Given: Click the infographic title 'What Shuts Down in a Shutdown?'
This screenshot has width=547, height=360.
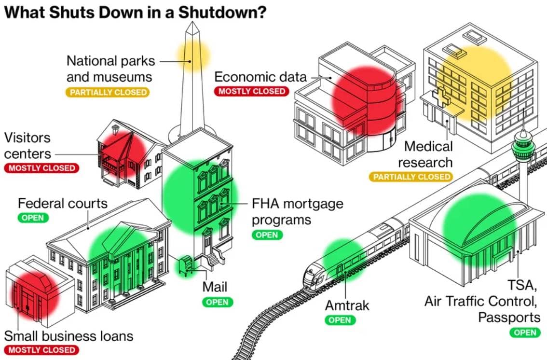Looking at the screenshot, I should click(136, 11).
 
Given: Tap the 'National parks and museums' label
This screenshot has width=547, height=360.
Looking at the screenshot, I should click(110, 69).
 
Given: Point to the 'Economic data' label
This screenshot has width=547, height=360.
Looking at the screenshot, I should click(260, 77).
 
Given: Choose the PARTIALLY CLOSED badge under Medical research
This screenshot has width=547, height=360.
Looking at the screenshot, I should click(411, 177).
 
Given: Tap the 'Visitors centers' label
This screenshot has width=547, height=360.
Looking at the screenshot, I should click(27, 145).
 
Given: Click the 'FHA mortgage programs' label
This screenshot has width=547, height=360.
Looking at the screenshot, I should click(297, 211).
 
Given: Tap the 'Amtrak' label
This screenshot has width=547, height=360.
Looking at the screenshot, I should click(347, 305).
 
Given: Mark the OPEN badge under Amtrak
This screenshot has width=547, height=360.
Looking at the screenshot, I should click(340, 319).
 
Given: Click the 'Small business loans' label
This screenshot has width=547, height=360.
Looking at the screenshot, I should click(68, 335).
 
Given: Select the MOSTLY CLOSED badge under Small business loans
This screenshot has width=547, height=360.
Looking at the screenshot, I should click(41, 349).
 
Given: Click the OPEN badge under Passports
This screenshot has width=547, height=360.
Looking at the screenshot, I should click(525, 332).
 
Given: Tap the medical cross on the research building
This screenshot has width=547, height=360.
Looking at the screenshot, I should click(441, 96).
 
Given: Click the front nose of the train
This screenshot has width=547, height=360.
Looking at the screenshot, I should click(309, 279).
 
